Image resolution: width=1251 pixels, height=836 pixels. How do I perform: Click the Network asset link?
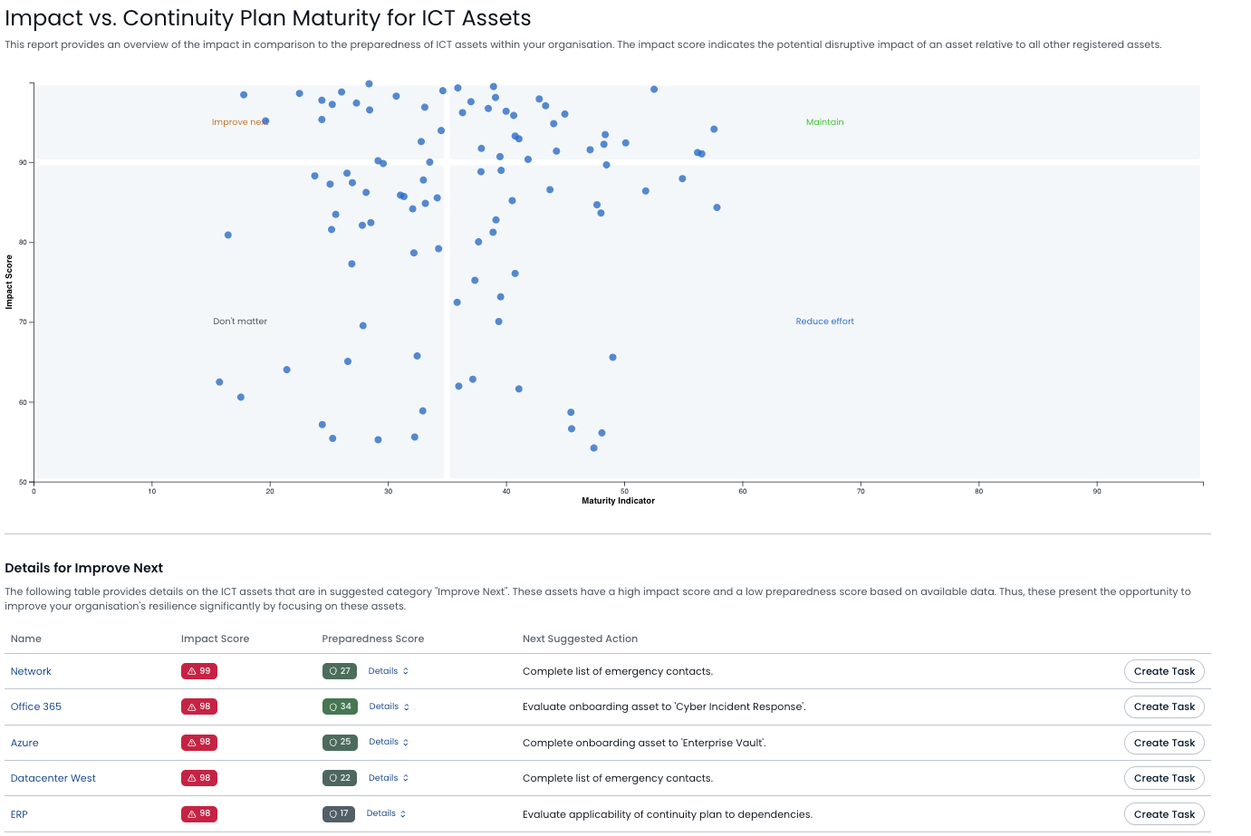[x=31, y=671]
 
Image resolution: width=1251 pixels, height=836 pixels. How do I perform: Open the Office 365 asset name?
[x=36, y=706]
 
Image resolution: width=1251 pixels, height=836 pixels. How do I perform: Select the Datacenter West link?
[x=53, y=778]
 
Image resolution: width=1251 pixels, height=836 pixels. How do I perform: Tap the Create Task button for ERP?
[x=1164, y=814]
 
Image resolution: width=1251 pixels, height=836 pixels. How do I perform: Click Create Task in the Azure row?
[x=1164, y=743]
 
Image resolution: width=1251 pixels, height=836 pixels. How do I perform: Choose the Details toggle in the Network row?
[x=389, y=671]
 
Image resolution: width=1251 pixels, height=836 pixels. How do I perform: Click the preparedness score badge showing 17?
[x=339, y=813]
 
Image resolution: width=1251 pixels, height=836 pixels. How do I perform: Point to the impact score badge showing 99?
[x=199, y=671]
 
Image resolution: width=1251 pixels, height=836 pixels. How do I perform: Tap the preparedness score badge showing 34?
[x=340, y=706]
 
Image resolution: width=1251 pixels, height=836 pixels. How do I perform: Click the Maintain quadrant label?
[x=824, y=122]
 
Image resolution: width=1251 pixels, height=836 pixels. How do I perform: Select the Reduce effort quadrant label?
[x=824, y=322]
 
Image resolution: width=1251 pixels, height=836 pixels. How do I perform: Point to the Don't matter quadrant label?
[x=240, y=322]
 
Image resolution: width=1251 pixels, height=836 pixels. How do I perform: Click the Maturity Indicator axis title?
[x=618, y=501]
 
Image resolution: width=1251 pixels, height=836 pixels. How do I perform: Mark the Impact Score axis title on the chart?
[x=9, y=282]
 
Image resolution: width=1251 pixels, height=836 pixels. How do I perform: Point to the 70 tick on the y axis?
[x=23, y=322]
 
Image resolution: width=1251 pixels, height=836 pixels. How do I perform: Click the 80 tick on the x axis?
[x=978, y=491]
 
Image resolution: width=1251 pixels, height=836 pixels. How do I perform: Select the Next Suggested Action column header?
[x=580, y=639]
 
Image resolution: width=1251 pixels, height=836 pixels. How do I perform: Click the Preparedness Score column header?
[x=372, y=639]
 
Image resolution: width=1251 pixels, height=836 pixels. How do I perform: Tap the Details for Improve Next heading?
[x=83, y=568]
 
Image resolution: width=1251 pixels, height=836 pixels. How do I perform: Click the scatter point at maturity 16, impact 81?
[x=228, y=235]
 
